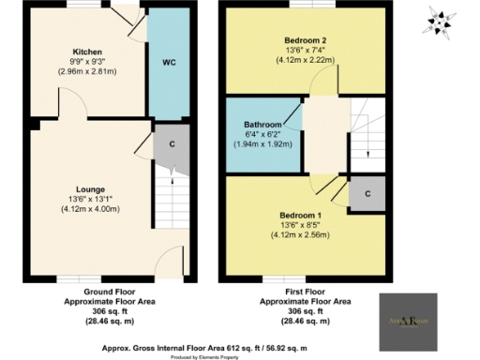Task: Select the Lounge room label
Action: point(91,188)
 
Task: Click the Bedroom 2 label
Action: point(305,40)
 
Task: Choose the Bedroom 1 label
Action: point(305,215)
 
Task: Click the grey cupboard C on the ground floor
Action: point(172,143)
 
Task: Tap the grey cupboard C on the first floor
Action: point(366,193)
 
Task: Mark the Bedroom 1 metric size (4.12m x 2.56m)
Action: point(305,236)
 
